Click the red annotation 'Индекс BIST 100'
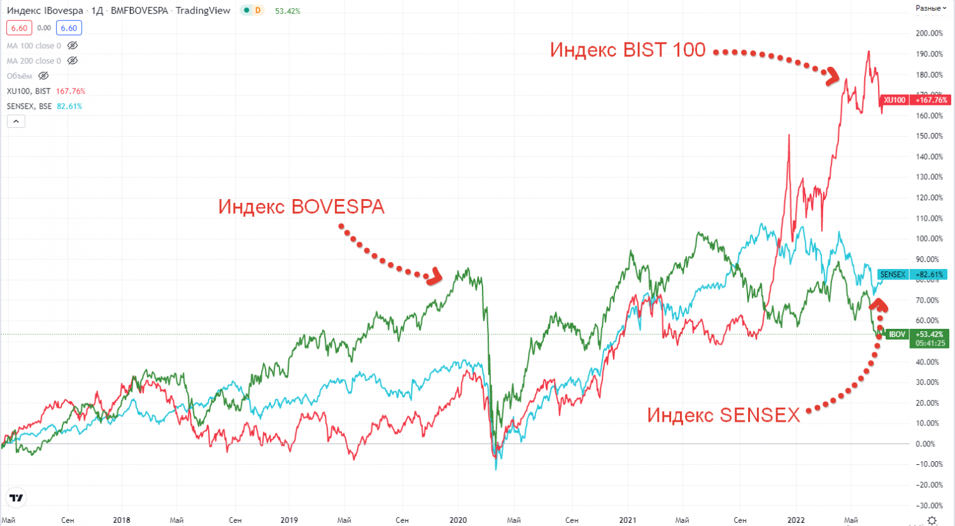(628, 50)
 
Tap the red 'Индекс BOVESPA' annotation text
(301, 207)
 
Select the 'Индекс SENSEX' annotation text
(723, 415)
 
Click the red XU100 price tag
(895, 100)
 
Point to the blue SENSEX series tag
(893, 275)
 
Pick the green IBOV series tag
(897, 335)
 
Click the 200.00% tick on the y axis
(929, 33)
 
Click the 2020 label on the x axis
(458, 520)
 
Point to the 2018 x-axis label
(122, 520)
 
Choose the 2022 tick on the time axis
(796, 520)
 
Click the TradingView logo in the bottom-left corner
(17, 498)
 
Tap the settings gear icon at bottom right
(932, 520)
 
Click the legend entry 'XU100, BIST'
(29, 91)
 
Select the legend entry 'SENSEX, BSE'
(29, 106)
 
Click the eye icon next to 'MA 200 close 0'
(73, 61)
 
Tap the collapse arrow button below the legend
(16, 121)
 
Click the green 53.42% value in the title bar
(288, 11)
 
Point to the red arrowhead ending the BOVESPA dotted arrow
(435, 276)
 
